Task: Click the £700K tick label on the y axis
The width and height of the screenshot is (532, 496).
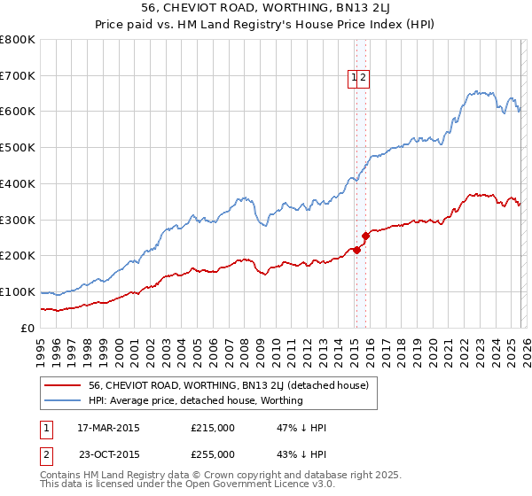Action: point(18,75)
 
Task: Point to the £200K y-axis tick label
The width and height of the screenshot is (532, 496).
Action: point(18,256)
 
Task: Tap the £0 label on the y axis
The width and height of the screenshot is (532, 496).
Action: point(27,328)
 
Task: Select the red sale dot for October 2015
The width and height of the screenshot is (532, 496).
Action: point(365,236)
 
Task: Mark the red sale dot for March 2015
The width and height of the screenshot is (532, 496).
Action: point(356,250)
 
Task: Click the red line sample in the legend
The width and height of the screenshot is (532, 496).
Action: point(62,385)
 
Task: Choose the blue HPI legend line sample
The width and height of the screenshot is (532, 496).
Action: point(62,400)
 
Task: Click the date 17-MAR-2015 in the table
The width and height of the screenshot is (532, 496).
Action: point(108,428)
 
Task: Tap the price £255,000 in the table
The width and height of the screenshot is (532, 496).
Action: point(213,453)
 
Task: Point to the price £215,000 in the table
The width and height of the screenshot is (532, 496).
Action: point(213,428)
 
